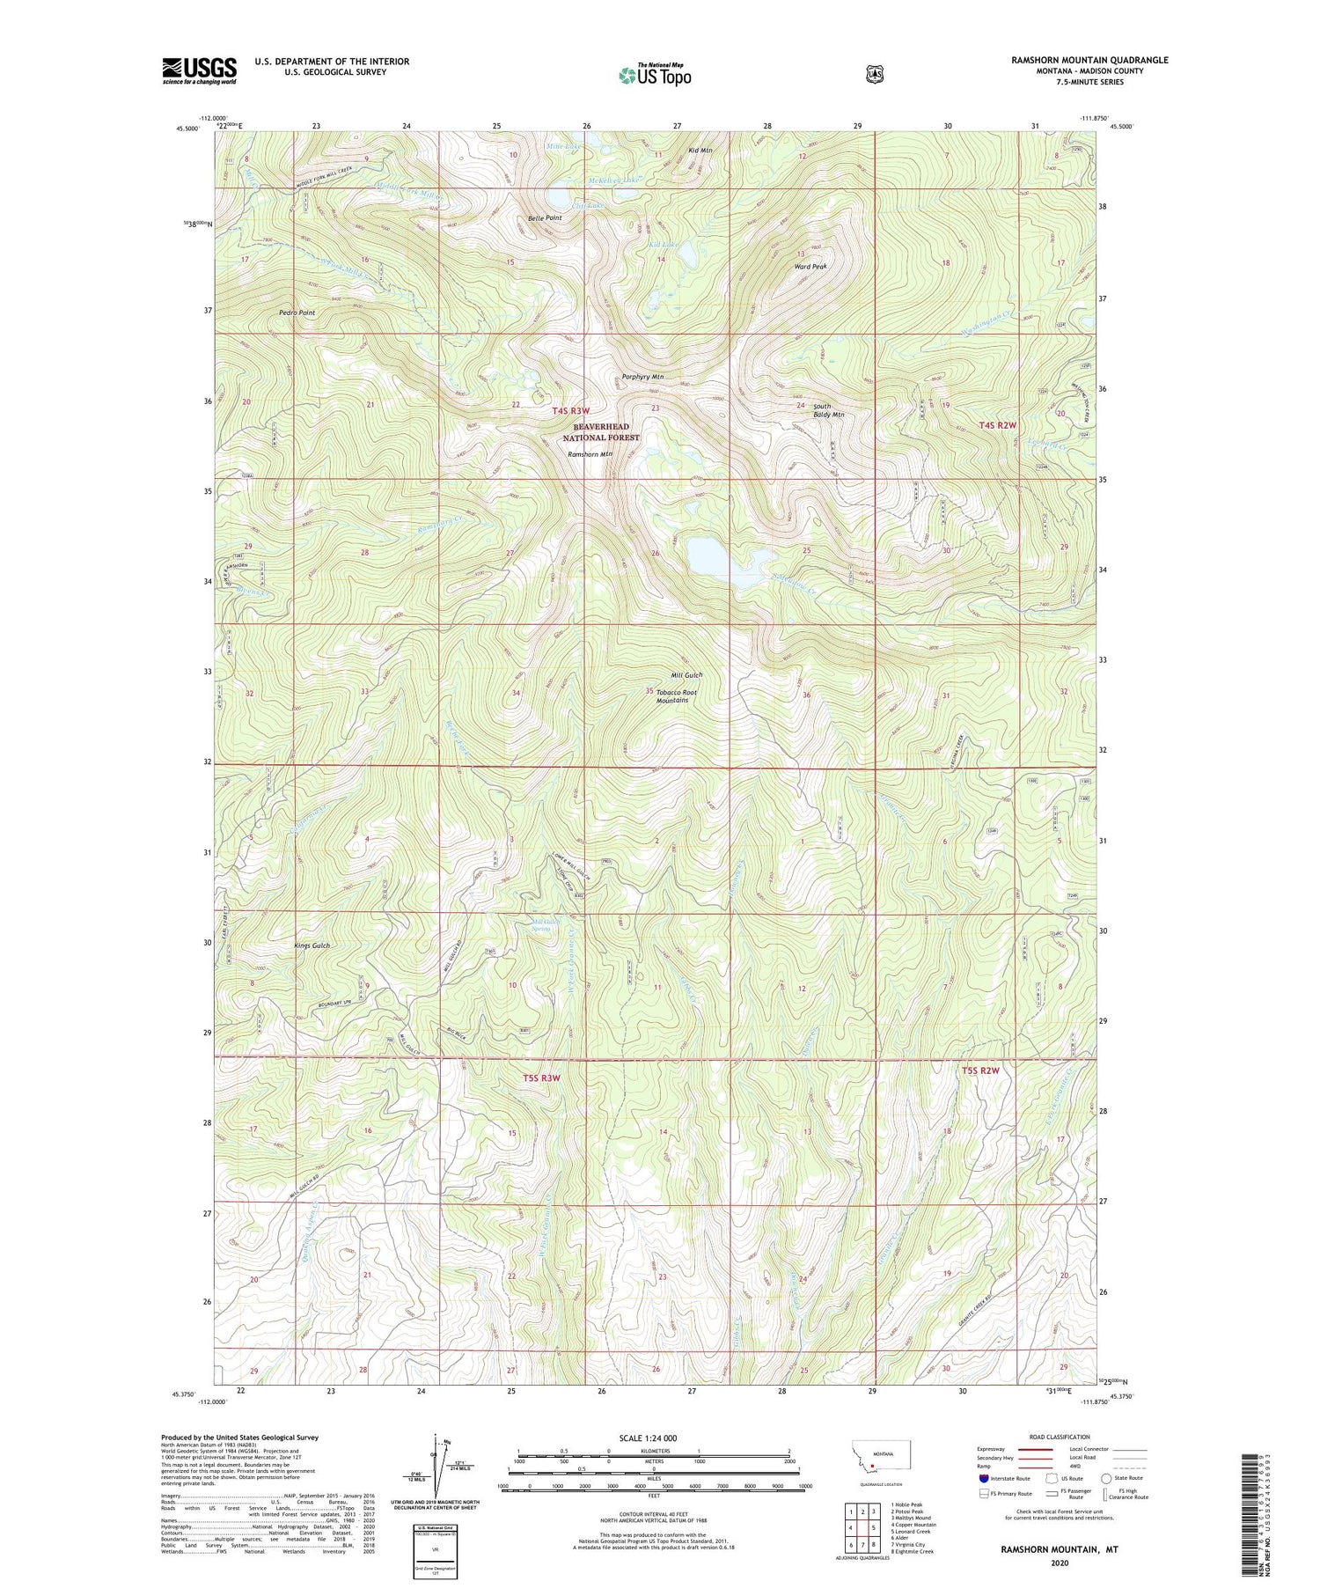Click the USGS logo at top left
click(199, 70)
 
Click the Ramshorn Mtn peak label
click(590, 454)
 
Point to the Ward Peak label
click(810, 266)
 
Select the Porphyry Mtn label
click(642, 377)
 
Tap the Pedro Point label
click(297, 313)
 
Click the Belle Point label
click(544, 217)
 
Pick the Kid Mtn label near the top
click(700, 151)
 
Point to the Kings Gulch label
click(312, 945)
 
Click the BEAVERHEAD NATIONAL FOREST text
click(601, 431)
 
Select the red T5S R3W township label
click(541, 1077)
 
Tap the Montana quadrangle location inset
click(881, 1457)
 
